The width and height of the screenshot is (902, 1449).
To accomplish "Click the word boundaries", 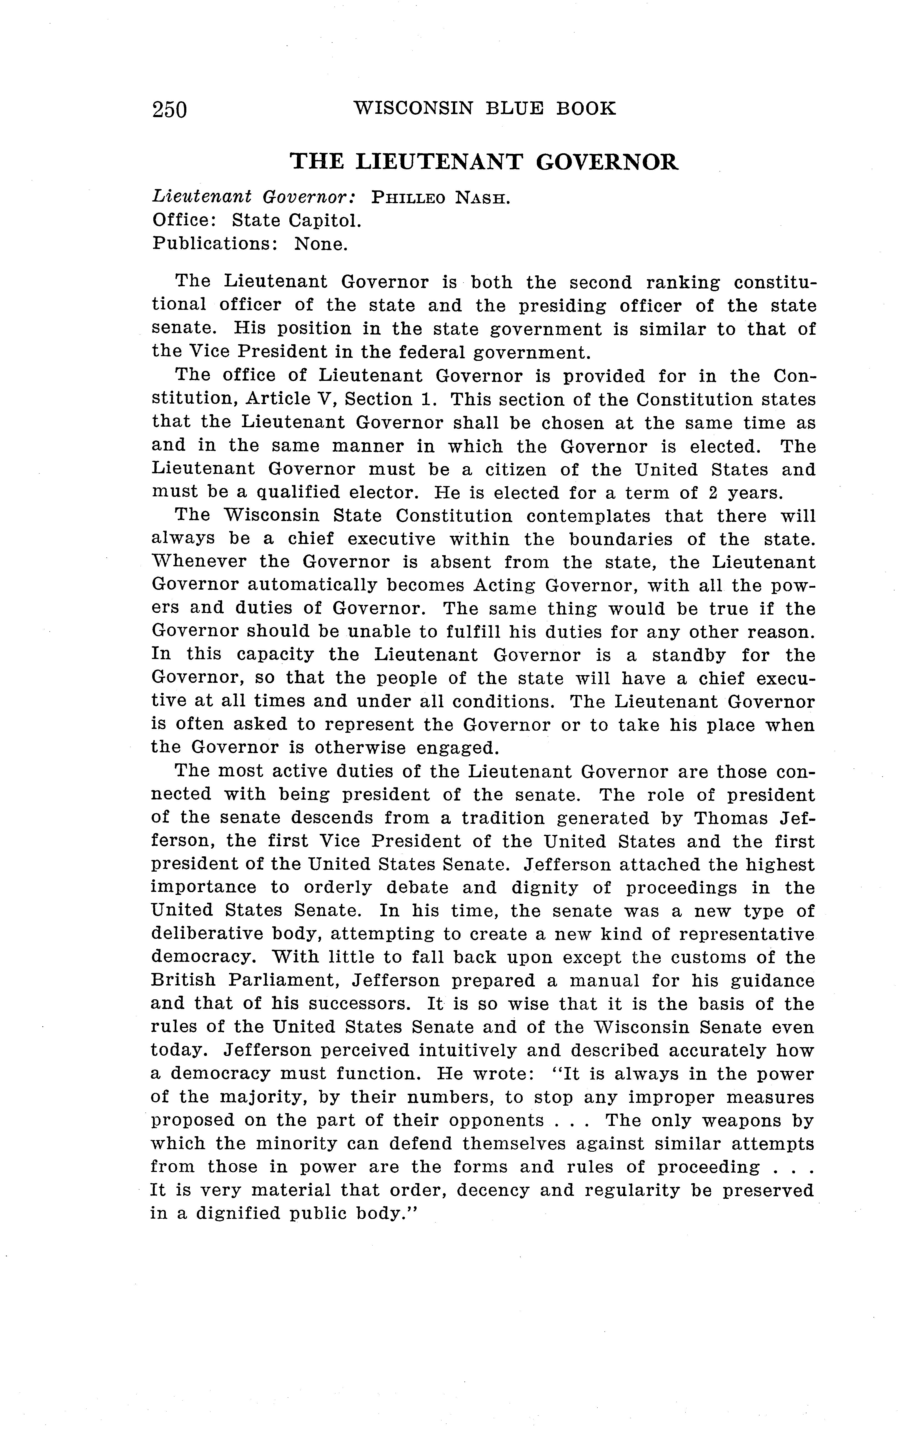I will pos(620,540).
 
